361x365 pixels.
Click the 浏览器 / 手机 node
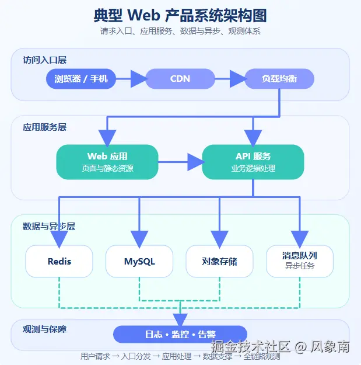[81, 78]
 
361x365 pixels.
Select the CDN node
[180, 78]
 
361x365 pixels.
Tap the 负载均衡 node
[279, 78]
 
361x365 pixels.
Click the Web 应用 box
[107, 162]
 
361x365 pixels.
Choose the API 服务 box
[253, 162]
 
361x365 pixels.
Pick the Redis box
[59, 261]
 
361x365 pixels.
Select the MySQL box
[139, 261]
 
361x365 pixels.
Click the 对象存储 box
[219, 261]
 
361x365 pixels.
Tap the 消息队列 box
[299, 261]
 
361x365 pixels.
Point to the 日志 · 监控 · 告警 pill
[180, 334]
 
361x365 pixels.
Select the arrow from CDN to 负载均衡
[230, 78]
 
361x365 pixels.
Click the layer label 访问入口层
[45, 60]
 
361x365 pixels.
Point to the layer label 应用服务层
[45, 127]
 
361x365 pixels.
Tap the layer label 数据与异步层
[49, 226]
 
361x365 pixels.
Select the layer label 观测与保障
[45, 329]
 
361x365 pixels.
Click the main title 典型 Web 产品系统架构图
[180, 15]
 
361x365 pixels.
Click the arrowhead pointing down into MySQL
[139, 238]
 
